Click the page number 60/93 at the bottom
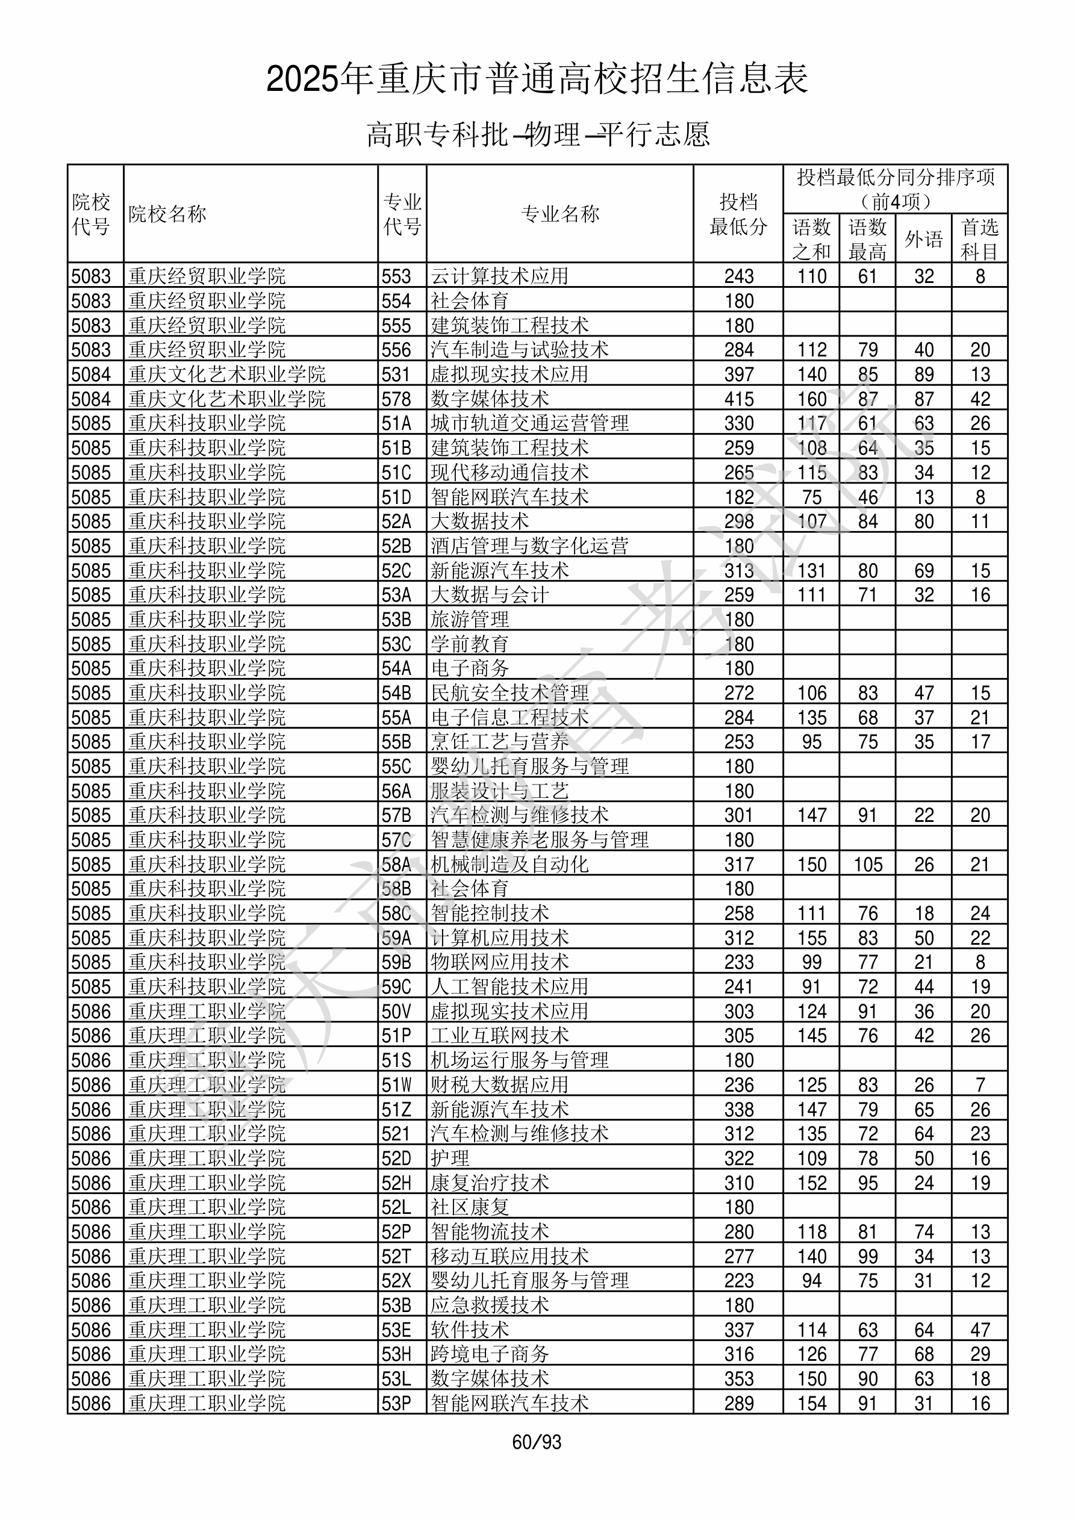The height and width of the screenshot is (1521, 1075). point(536,1442)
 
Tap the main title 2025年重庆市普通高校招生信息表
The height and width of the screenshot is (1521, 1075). point(537,79)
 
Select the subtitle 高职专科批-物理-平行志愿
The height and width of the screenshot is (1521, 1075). point(537,134)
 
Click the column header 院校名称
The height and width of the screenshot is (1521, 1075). point(167,214)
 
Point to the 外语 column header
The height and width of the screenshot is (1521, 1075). point(923,238)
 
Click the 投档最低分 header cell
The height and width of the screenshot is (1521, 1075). point(738,214)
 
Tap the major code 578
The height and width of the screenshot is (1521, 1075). point(396,399)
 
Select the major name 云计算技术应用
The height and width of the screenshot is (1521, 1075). point(499,276)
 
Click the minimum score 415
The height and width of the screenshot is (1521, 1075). point(738,399)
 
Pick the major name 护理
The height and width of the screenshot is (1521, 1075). point(450,1159)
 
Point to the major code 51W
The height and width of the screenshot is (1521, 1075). point(396,1085)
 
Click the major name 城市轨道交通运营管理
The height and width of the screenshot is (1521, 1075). point(529,423)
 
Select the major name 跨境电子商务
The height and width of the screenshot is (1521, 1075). point(490,1355)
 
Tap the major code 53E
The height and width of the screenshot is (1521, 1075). point(396,1330)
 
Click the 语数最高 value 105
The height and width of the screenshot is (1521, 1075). point(868,865)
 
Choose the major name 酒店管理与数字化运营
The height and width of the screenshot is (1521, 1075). point(529,546)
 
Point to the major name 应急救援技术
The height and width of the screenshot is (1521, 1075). point(490,1305)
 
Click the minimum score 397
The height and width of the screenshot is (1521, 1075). point(738,375)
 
